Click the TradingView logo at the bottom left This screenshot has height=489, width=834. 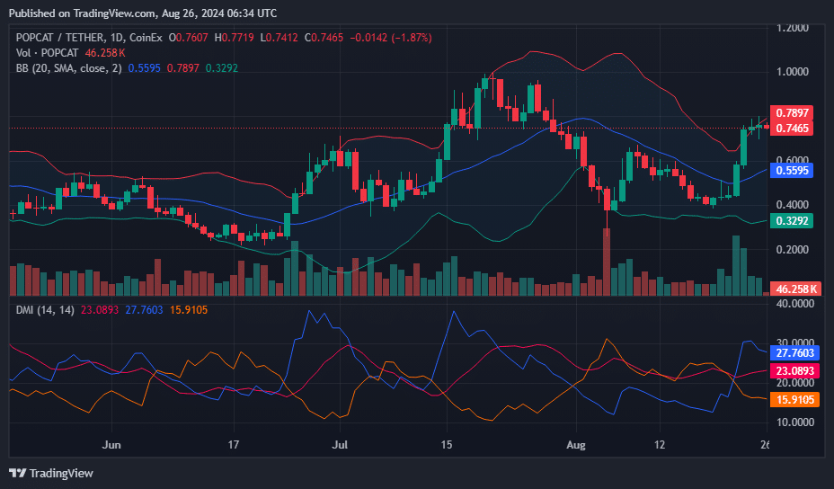52,473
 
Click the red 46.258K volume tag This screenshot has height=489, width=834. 796,289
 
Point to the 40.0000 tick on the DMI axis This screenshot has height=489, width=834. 796,304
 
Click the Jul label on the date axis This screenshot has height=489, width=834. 341,444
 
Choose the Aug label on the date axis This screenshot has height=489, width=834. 578,444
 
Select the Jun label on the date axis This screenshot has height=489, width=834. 111,444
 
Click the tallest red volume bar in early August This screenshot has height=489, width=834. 607,262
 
